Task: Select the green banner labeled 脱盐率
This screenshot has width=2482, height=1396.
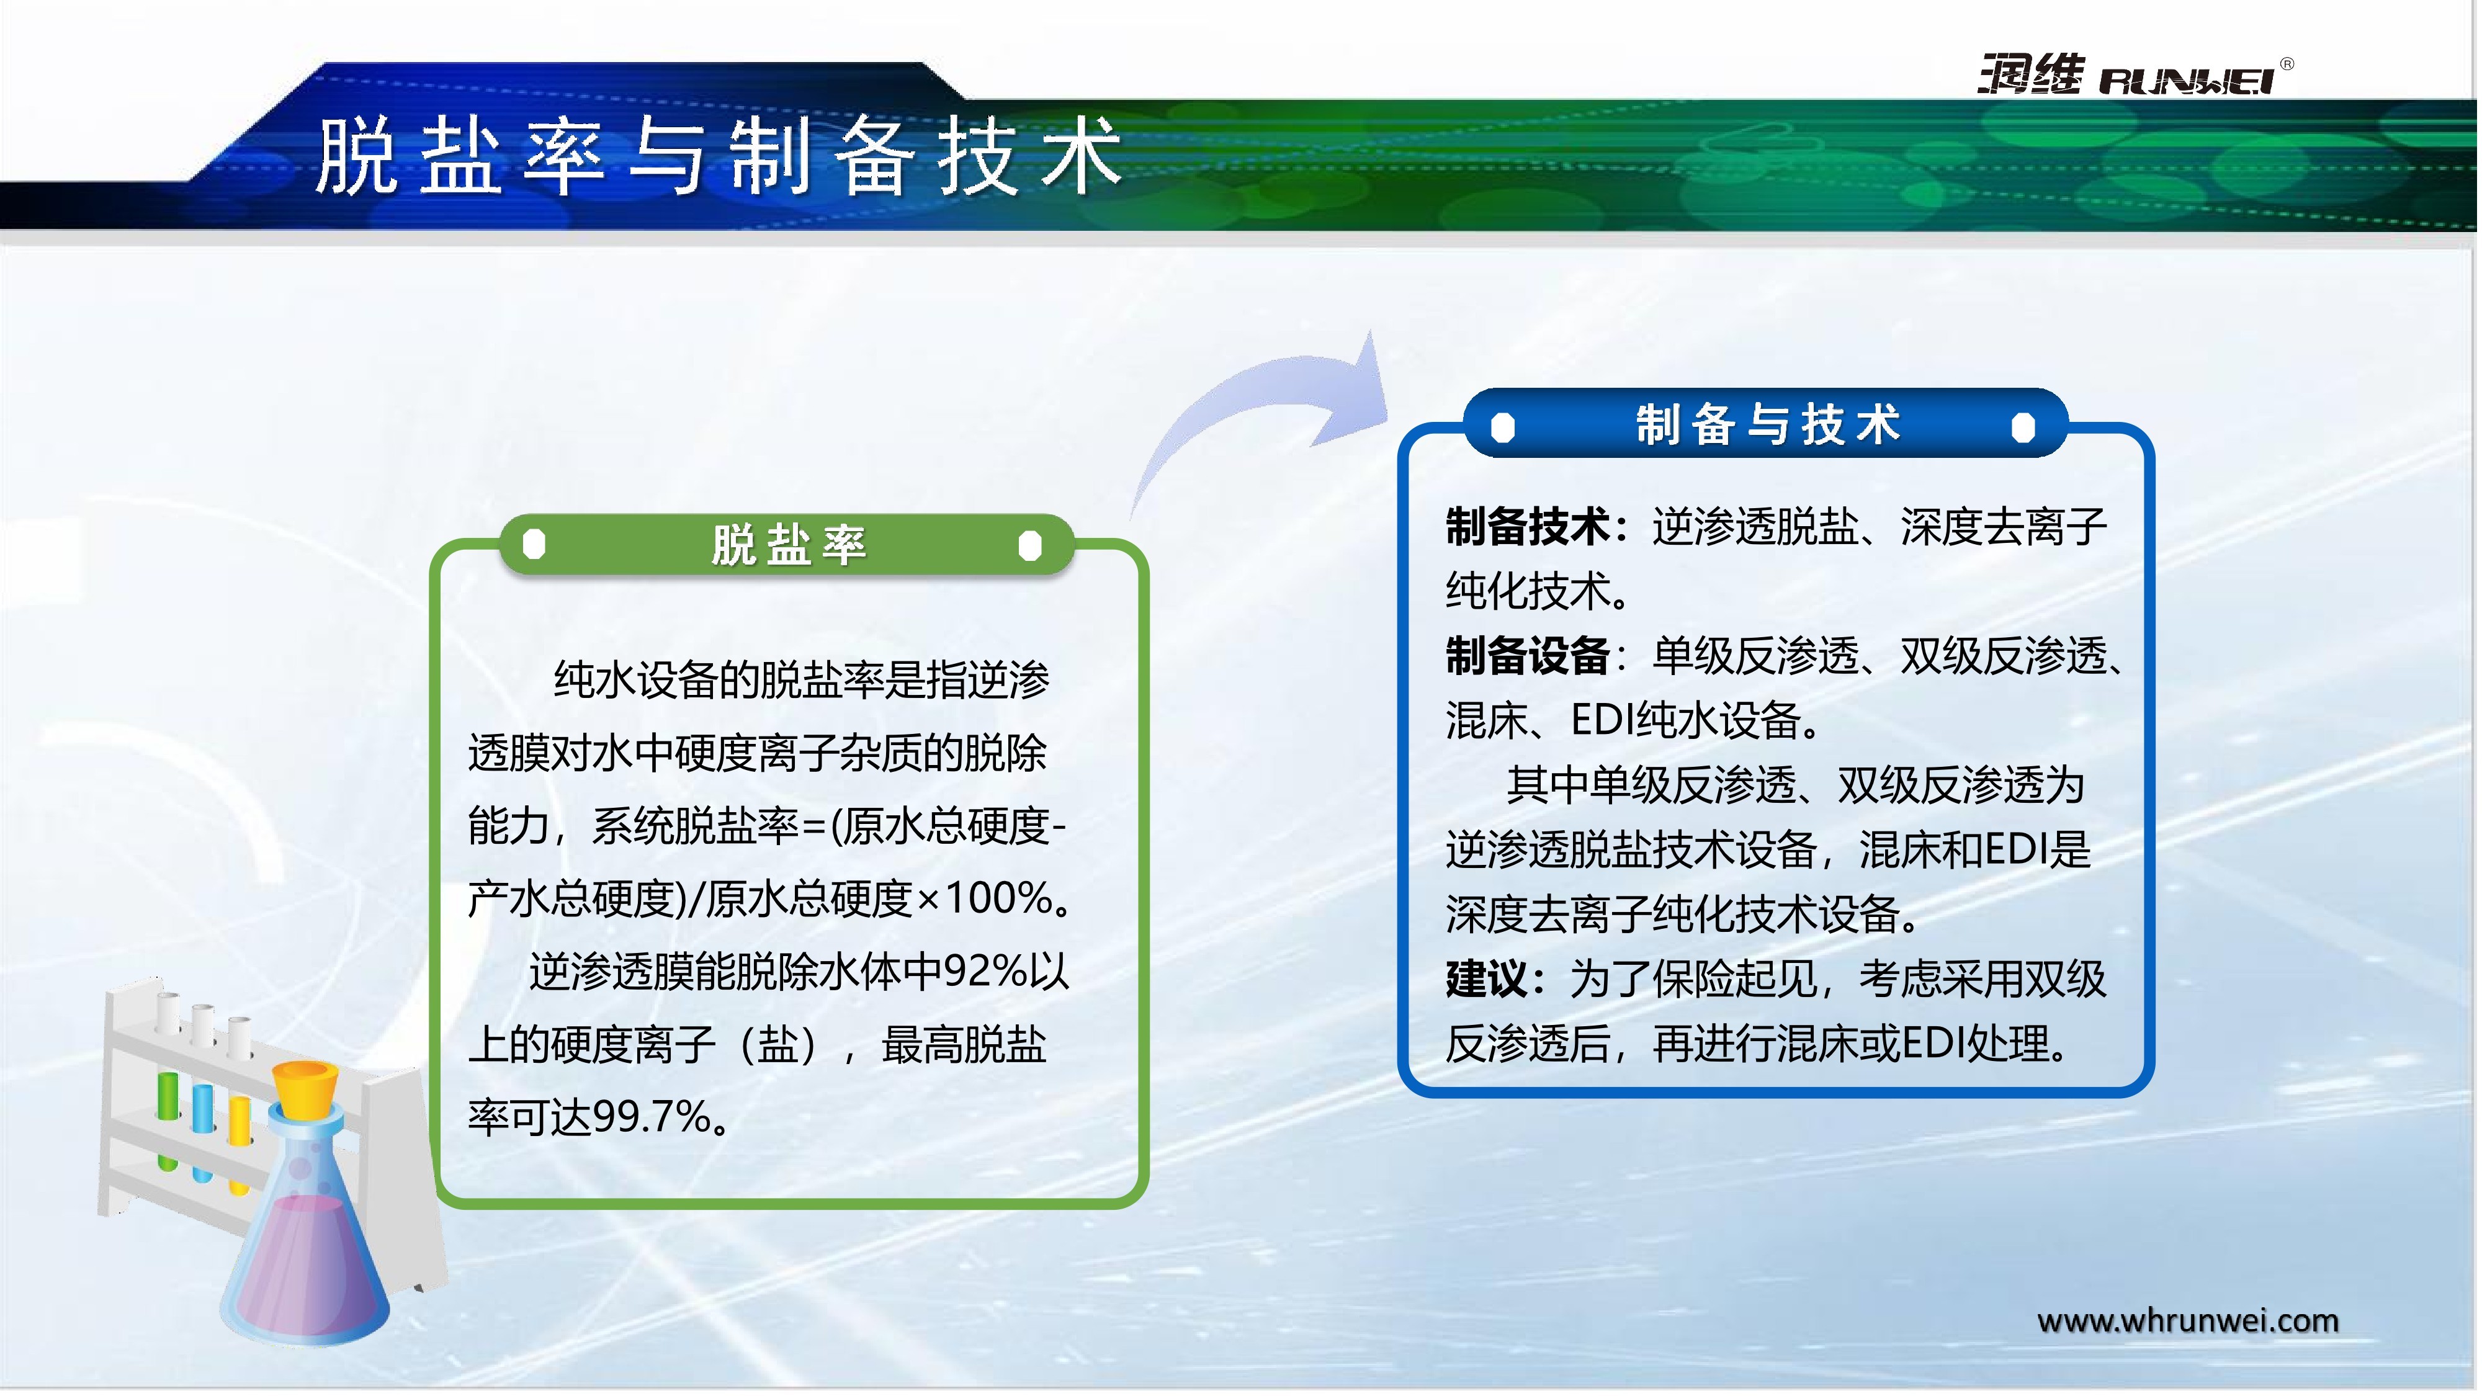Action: [x=786, y=545]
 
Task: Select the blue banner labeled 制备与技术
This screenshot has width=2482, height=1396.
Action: [x=1765, y=424]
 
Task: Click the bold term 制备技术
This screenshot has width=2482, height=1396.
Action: [x=1527, y=527]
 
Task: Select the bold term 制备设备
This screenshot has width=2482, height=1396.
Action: [x=1527, y=656]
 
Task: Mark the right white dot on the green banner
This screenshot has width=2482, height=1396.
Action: [x=1030, y=545]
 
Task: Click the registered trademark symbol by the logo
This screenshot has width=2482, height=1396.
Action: [x=2287, y=63]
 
